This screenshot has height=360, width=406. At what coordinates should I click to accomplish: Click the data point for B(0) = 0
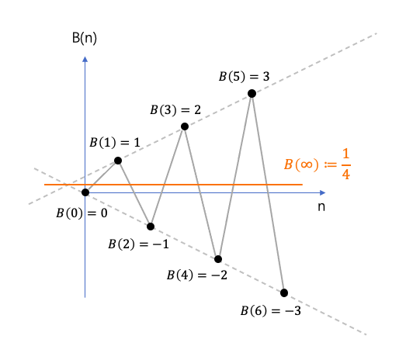(x=85, y=192)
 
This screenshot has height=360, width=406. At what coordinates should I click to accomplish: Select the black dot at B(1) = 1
(x=118, y=161)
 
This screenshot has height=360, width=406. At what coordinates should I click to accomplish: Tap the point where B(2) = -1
(x=151, y=227)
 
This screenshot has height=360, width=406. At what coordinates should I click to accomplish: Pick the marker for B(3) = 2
(x=185, y=126)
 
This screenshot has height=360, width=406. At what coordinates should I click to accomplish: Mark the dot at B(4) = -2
(x=218, y=259)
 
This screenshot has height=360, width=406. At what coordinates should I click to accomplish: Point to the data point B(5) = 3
(x=252, y=93)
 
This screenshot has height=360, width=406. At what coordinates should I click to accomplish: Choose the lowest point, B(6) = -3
(x=284, y=293)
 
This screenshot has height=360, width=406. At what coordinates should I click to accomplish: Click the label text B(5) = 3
(x=245, y=77)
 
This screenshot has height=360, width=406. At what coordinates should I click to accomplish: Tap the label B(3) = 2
(x=175, y=110)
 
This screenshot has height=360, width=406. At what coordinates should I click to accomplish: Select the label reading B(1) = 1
(x=115, y=143)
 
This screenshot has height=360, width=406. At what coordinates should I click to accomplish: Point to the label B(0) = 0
(x=82, y=213)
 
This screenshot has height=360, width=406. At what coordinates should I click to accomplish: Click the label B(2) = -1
(x=138, y=244)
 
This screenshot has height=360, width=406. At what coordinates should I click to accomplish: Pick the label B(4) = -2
(x=197, y=275)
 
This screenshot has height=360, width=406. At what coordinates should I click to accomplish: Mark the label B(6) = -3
(x=271, y=311)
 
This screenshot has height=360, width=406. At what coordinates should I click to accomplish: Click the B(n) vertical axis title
(x=85, y=38)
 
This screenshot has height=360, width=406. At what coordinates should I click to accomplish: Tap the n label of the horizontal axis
(x=321, y=207)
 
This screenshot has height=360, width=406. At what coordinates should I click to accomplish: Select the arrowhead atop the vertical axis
(x=85, y=59)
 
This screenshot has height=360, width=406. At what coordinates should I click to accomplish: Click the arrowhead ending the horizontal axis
(x=322, y=192)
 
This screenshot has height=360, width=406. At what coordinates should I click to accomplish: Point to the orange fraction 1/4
(x=345, y=164)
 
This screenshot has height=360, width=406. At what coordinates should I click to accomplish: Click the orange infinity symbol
(x=307, y=164)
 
